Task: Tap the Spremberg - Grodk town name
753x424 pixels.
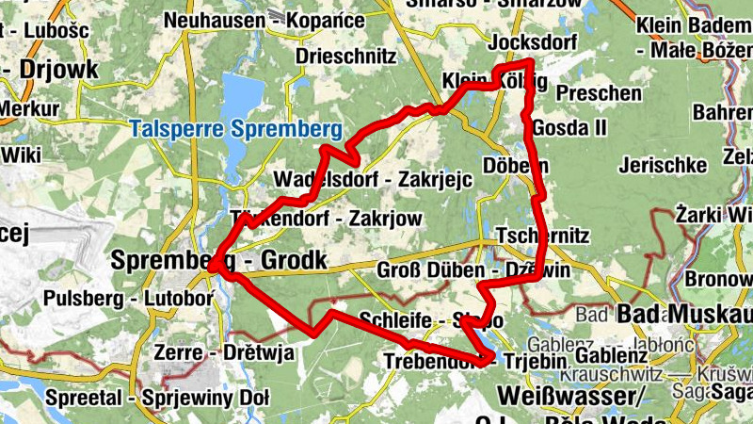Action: (x=218, y=259)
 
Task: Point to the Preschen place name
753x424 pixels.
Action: (x=599, y=93)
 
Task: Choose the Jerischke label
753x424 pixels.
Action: (x=664, y=166)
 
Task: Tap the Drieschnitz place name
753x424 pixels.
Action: (x=345, y=56)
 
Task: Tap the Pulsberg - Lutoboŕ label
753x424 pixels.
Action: (x=129, y=300)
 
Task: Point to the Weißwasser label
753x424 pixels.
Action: (x=569, y=390)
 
